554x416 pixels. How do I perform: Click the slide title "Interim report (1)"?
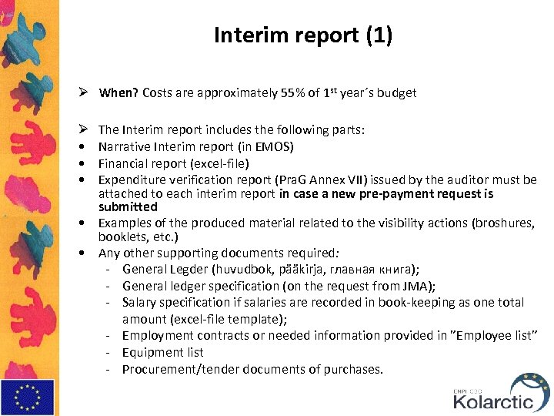point(303,36)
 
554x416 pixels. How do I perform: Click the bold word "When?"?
point(118,93)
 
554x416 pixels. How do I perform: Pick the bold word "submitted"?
point(128,207)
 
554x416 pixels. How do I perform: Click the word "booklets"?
point(122,237)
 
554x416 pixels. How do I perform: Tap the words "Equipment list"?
point(163,353)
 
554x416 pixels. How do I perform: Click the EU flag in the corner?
point(28,397)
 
